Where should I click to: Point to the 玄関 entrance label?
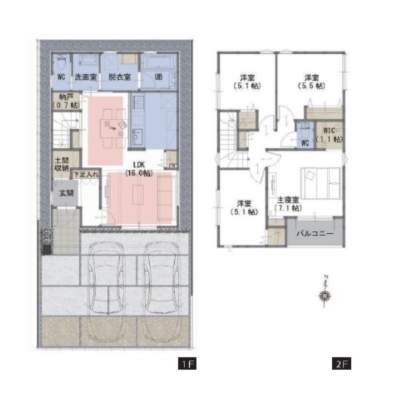66,194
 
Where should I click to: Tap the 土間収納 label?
61,164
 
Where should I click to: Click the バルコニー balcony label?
315,234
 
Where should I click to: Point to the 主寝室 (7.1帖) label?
288,204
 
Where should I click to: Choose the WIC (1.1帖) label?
329,135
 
